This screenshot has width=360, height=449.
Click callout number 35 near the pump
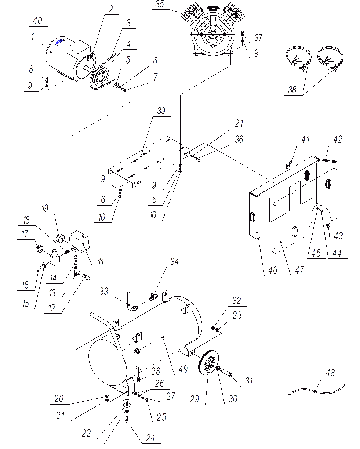click(x=160, y=4)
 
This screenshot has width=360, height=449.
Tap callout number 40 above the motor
click(x=37, y=21)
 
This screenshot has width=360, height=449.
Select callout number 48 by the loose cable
click(x=330, y=373)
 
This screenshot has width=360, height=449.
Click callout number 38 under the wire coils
click(x=292, y=90)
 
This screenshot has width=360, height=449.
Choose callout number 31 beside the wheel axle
click(x=249, y=381)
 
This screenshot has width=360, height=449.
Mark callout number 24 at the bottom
click(x=150, y=438)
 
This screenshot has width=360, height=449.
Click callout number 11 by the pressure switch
click(x=101, y=262)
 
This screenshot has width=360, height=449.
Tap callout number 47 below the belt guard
click(x=299, y=270)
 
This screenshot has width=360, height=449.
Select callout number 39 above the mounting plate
click(x=161, y=111)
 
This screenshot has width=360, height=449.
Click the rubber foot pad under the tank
click(x=127, y=402)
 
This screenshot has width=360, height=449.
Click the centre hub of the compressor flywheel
click(x=213, y=35)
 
